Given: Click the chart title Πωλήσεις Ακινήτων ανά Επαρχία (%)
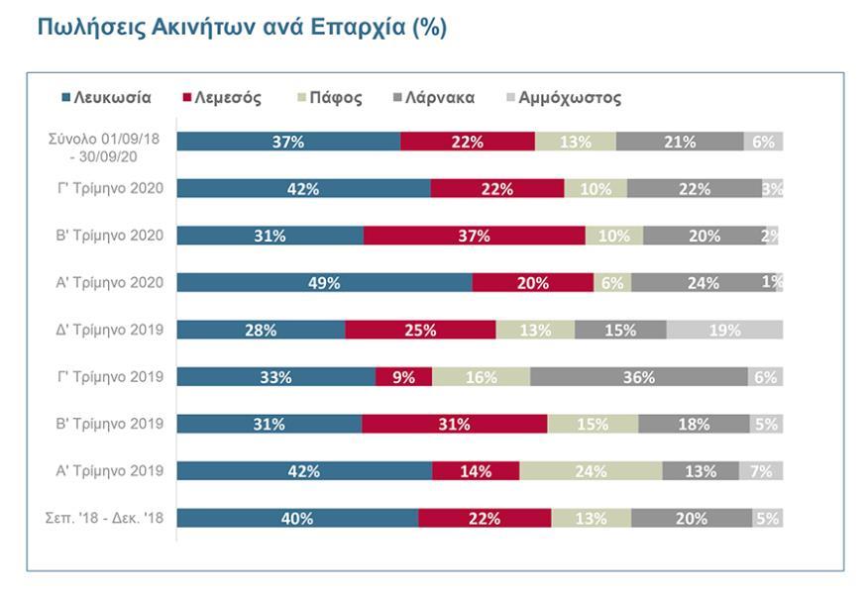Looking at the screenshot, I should point(242,28).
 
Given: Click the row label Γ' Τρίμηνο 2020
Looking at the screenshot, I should point(112,188).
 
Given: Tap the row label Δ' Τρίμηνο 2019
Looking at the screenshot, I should point(112,330).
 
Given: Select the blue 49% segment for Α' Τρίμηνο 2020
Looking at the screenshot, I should point(324,283).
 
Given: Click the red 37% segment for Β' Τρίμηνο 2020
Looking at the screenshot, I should point(474,236).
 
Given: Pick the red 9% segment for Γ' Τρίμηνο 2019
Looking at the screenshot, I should point(404,377).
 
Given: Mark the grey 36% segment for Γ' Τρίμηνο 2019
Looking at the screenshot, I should point(638,377).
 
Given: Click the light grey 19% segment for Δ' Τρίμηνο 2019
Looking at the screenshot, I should point(724,330).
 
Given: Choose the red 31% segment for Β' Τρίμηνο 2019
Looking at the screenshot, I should point(454,424).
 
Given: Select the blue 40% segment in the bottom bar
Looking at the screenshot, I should point(297,518).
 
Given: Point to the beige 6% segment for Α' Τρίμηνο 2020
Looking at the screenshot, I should point(612,283).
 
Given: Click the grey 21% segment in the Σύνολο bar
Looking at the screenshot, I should point(679,142).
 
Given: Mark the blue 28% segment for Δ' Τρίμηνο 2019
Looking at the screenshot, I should point(262,330).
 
